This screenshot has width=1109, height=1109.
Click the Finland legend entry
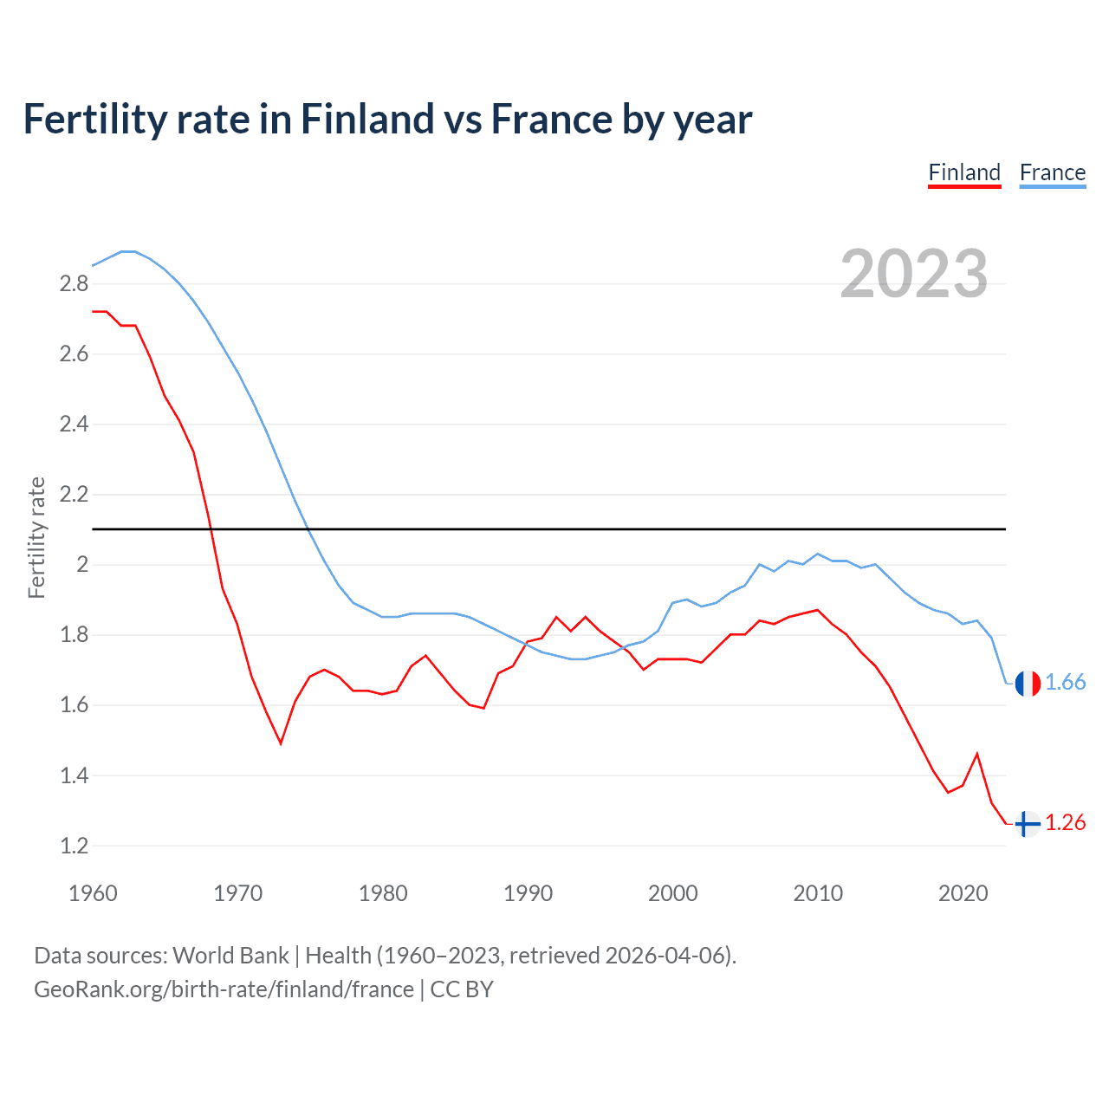964,172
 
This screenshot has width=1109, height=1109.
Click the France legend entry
1052,172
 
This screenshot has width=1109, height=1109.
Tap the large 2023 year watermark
914,274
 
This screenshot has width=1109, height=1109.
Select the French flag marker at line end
1028,683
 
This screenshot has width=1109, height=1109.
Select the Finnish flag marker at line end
1028,823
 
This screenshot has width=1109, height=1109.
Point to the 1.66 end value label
1065,683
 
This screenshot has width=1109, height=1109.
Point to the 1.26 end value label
1065,823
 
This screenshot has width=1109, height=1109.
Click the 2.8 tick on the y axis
74,284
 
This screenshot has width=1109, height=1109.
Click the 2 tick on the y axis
82,565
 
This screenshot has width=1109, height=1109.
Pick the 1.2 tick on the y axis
74,846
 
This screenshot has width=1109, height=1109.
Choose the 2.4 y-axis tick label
74,425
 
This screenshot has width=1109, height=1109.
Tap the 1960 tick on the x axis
93,893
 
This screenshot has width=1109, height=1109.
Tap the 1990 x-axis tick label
528,893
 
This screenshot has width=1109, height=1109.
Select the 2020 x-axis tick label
963,893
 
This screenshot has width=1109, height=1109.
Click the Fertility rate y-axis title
36,537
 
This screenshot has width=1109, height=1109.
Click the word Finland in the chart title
366,119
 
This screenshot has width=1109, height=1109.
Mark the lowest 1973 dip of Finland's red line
281,743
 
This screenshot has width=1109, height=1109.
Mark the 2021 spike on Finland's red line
977,754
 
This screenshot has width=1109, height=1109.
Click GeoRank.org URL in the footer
224,989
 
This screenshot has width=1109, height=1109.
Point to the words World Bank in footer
230,956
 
